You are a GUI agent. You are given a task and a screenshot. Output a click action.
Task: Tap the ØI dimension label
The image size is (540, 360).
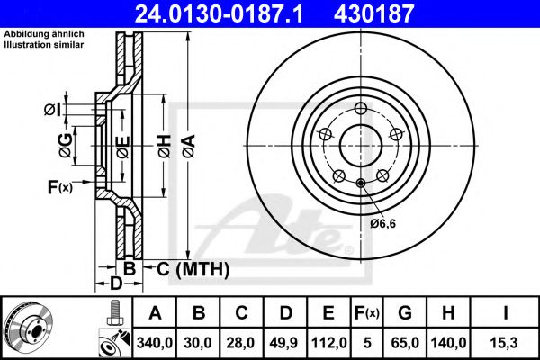point(52,110)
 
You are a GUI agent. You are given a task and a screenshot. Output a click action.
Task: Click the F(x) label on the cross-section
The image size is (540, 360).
point(59,187)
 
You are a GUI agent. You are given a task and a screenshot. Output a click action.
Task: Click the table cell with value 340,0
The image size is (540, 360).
point(156,342)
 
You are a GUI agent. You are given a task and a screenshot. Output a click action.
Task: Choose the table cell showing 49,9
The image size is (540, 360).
point(287,342)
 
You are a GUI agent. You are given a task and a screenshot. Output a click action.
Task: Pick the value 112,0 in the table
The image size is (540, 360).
point(330,342)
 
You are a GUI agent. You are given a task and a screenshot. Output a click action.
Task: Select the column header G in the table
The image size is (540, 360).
point(405,313)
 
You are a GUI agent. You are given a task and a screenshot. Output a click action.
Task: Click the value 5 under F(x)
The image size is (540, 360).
point(367,342)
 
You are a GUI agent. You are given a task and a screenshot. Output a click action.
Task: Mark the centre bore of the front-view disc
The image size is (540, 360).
point(358,142)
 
